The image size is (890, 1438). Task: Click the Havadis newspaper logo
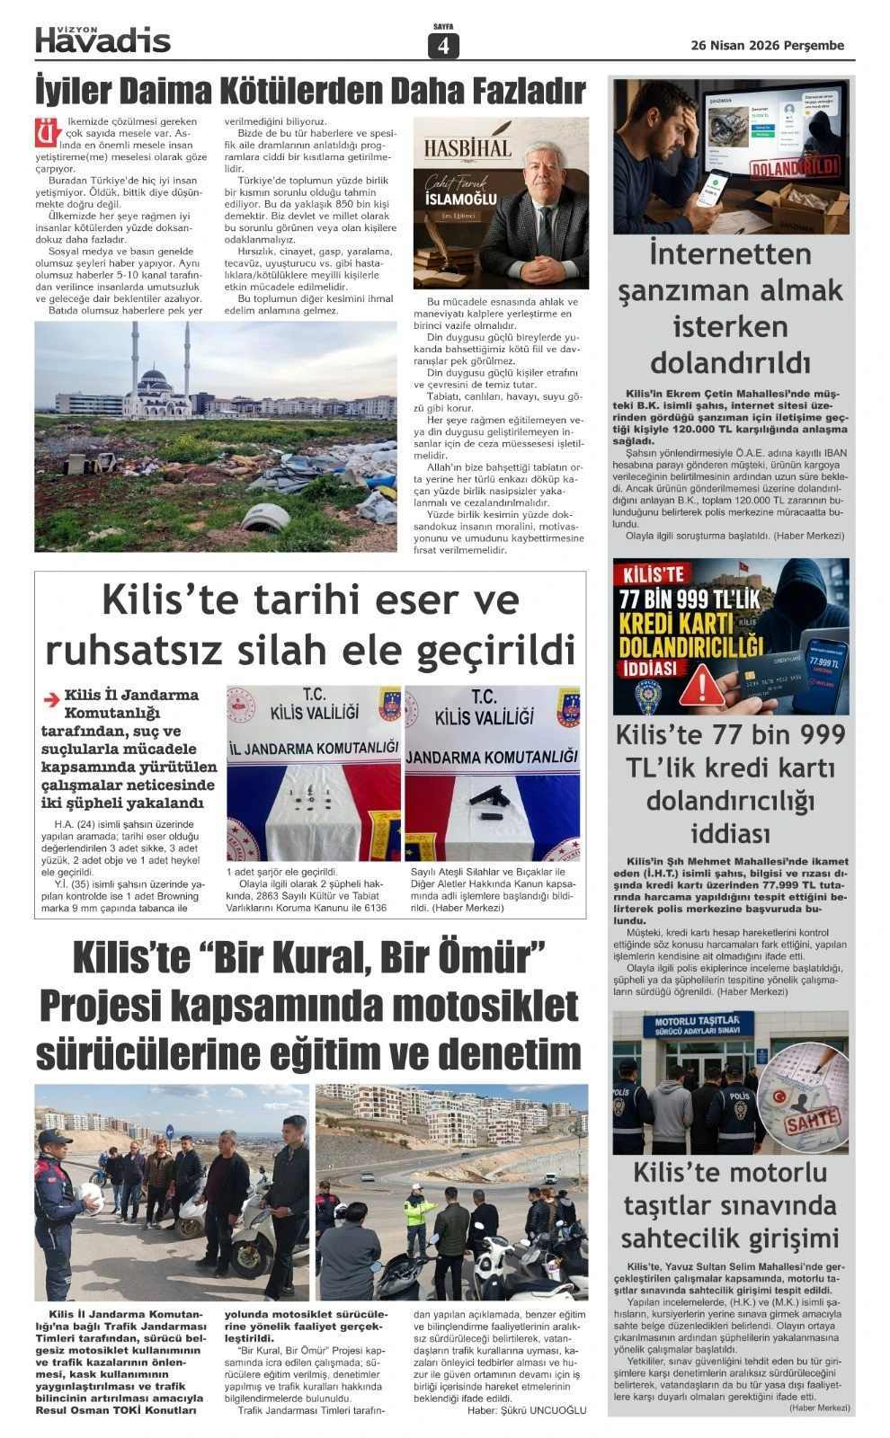tap(102, 39)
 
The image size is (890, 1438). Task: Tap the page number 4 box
tap(443, 46)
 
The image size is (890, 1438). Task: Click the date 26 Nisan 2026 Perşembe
tap(767, 45)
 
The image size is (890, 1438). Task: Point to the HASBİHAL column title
tap(467, 148)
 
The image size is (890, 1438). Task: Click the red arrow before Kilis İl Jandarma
tap(51, 697)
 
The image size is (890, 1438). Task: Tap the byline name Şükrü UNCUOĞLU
tap(547, 1410)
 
